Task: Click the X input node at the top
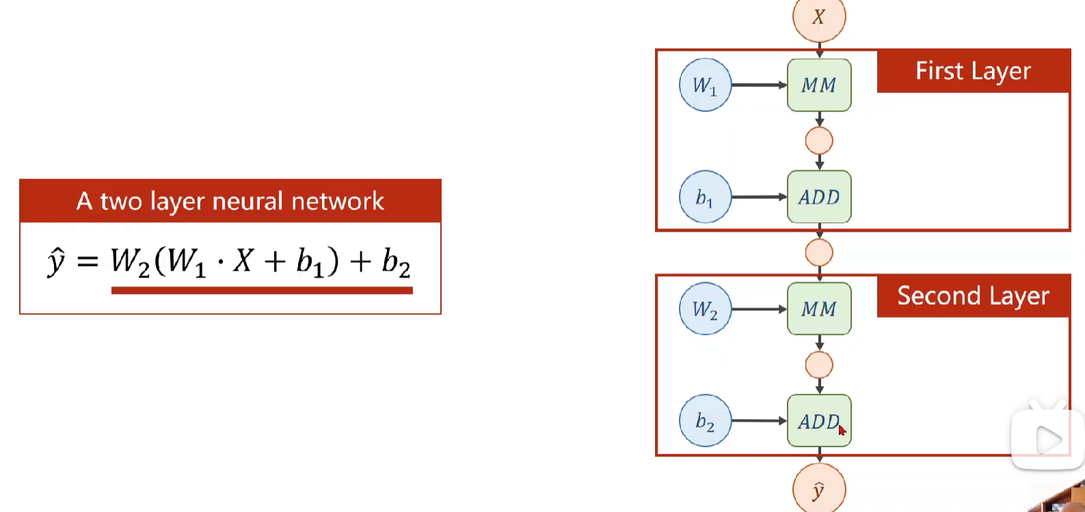819,16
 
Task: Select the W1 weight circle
705,85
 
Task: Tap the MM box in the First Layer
819,85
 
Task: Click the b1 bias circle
705,197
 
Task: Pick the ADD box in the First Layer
819,197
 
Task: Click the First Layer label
973,71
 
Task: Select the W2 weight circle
705,309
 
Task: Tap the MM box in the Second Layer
819,309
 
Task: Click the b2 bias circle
705,420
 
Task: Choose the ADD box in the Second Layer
819,420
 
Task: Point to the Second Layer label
973,296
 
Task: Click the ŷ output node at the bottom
819,489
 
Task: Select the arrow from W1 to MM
759,85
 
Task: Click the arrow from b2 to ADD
759,420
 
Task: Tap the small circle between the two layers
819,253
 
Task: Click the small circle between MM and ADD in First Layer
819,141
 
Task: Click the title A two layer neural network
230,201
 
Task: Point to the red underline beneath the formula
262,291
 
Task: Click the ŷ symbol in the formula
56,262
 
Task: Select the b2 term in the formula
396,262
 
